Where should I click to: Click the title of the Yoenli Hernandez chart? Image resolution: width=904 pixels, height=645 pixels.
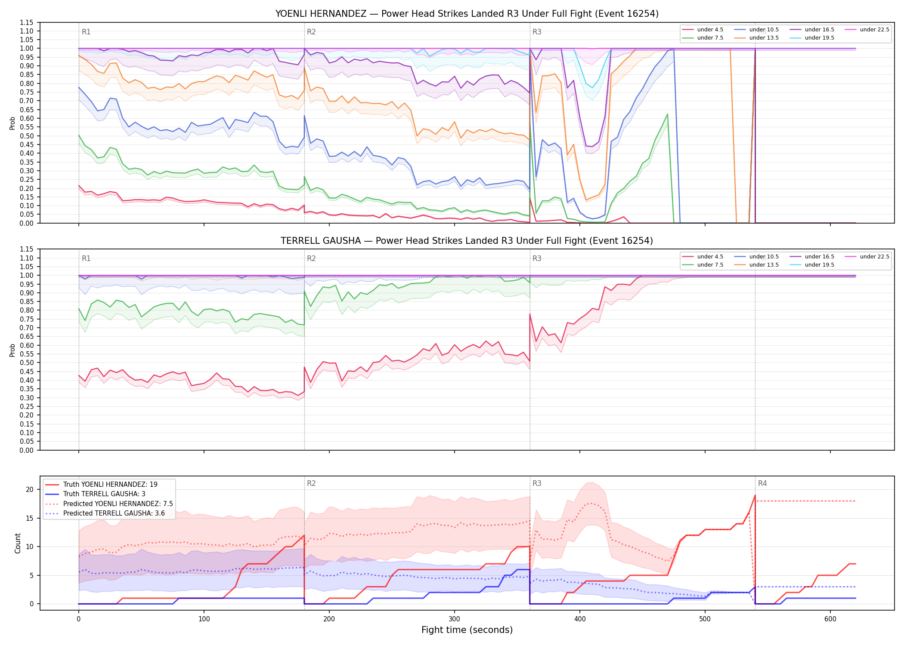click(x=467, y=14)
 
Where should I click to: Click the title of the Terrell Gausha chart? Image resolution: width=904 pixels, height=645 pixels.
click(x=467, y=241)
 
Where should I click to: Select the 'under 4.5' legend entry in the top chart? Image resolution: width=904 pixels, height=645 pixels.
click(x=703, y=30)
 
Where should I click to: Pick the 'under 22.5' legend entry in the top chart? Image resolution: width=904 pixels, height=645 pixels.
click(x=867, y=30)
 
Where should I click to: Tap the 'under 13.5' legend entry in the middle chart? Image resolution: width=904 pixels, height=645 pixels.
click(x=756, y=265)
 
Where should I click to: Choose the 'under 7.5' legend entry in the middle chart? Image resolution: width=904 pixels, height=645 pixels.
click(x=703, y=265)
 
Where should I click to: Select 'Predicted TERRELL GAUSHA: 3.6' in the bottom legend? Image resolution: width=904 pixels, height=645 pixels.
click(x=105, y=513)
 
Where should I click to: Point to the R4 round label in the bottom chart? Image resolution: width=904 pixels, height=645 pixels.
click(x=762, y=483)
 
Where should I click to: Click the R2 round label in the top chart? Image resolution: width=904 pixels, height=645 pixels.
click(x=311, y=32)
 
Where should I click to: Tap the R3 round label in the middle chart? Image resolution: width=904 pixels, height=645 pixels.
click(x=537, y=258)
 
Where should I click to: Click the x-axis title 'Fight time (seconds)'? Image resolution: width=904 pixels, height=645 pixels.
click(x=467, y=630)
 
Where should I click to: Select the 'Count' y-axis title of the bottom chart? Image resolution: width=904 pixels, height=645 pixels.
click(x=18, y=543)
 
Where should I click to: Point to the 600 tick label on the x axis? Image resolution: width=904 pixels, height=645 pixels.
click(x=830, y=619)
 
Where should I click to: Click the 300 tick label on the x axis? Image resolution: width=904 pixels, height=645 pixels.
click(x=455, y=619)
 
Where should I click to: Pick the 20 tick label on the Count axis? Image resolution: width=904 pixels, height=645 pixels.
click(x=30, y=489)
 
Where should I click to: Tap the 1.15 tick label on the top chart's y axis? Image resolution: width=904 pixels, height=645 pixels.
click(x=27, y=22)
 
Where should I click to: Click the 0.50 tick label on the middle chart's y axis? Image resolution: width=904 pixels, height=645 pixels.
click(x=27, y=362)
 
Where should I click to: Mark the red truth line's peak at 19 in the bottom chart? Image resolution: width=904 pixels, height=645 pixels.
click(x=755, y=495)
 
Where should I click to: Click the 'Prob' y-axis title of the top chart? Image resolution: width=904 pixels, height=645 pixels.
click(x=12, y=123)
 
